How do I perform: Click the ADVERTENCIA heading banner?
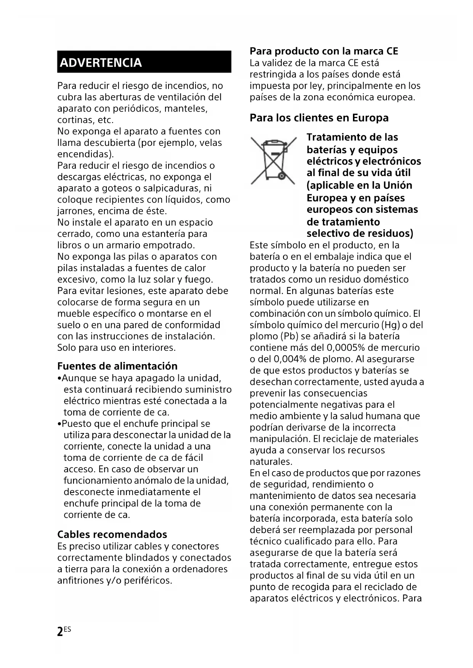144,62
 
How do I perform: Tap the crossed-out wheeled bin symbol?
273,160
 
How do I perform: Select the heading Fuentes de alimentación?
117,366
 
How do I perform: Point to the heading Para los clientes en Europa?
319,118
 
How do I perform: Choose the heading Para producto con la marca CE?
324,51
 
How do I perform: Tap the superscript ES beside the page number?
67,629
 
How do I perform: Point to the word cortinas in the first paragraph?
75,120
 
